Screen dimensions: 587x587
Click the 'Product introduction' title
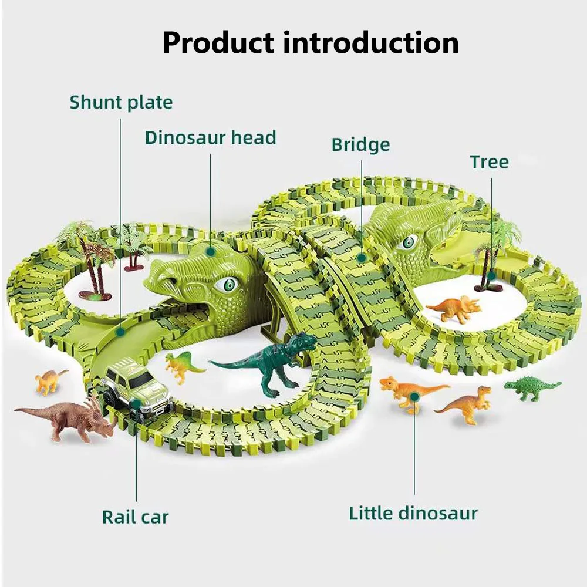click(311, 42)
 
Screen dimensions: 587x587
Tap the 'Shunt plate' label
click(121, 102)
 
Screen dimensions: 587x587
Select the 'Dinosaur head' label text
click(210, 138)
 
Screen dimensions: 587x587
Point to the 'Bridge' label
click(360, 144)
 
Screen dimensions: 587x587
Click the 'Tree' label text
click(489, 162)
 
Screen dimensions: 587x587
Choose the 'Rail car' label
click(135, 517)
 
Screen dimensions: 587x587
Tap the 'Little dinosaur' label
click(413, 513)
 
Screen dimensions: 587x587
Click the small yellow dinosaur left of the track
click(49, 381)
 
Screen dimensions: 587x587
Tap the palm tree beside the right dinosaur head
click(493, 252)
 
